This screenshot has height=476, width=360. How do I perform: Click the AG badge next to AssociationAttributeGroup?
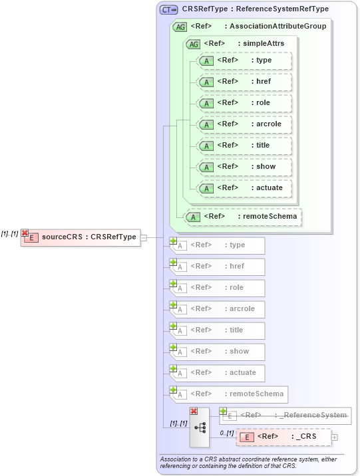coord(180,27)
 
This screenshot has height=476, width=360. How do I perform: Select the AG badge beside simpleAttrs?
coord(193,44)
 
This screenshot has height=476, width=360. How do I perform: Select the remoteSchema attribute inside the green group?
coord(242,217)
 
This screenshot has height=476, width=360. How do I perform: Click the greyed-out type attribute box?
coord(218,245)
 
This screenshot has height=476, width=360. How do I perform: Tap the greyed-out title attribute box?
coord(218,330)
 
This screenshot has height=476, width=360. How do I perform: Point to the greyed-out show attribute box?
coord(218,352)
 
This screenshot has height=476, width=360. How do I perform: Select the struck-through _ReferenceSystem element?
coord(286,416)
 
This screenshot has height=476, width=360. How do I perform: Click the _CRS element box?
coord(284,437)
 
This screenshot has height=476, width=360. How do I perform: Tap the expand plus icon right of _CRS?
coord(335,437)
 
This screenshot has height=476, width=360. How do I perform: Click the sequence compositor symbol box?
coord(200,427)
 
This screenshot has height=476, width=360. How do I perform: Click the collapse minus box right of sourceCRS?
coord(144,237)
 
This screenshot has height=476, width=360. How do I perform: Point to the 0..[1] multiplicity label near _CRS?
coord(226,433)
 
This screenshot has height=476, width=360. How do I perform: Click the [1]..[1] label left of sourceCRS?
coord(10,233)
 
